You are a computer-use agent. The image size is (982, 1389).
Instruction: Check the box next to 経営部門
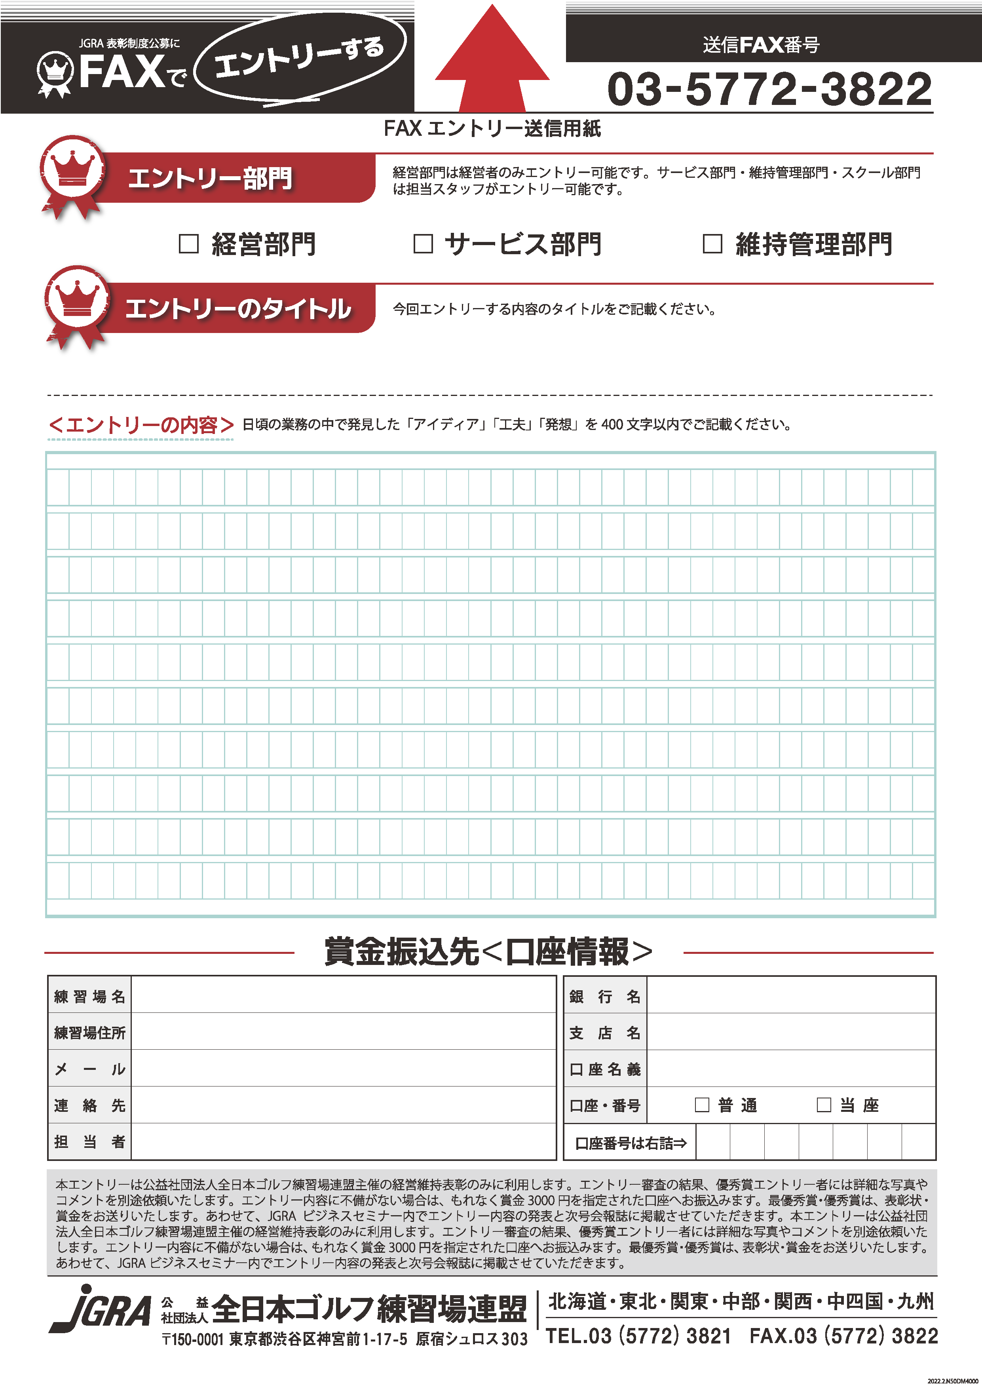click(x=189, y=244)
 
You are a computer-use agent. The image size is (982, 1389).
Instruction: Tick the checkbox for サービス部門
click(x=423, y=244)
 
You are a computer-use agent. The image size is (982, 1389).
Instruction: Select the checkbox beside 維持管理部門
click(x=712, y=244)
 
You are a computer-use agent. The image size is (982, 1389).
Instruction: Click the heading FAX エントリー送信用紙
click(x=492, y=129)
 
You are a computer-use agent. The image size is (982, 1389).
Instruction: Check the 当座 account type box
click(x=824, y=1105)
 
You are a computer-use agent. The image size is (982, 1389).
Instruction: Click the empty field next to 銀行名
click(x=790, y=996)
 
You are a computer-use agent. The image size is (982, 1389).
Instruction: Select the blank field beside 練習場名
click(x=343, y=996)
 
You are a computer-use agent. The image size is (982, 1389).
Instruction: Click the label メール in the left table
click(x=89, y=1069)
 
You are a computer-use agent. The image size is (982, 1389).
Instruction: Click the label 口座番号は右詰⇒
click(x=630, y=1143)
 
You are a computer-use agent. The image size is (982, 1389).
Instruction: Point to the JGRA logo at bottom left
click(x=100, y=1310)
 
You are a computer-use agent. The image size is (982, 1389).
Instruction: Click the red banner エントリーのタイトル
click(x=237, y=308)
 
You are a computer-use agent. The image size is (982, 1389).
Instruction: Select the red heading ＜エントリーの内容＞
click(x=140, y=425)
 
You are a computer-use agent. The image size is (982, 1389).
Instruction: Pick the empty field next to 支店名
click(x=790, y=1033)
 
